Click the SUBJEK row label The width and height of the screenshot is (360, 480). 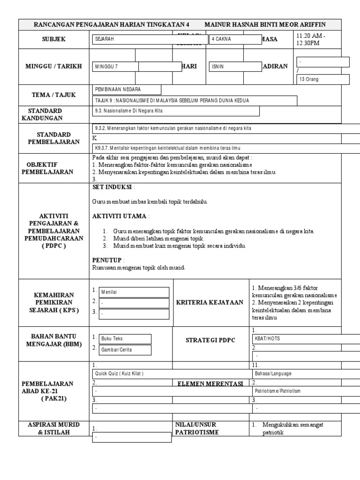click(53, 39)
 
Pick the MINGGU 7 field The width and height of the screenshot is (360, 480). click(115, 67)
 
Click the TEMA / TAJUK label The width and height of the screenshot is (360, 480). click(53, 95)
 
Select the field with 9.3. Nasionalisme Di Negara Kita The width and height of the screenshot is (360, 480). click(176, 111)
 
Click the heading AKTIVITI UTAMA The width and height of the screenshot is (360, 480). click(120, 216)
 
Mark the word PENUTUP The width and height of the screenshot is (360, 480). click(107, 260)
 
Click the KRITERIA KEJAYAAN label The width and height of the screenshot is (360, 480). click(210, 302)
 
